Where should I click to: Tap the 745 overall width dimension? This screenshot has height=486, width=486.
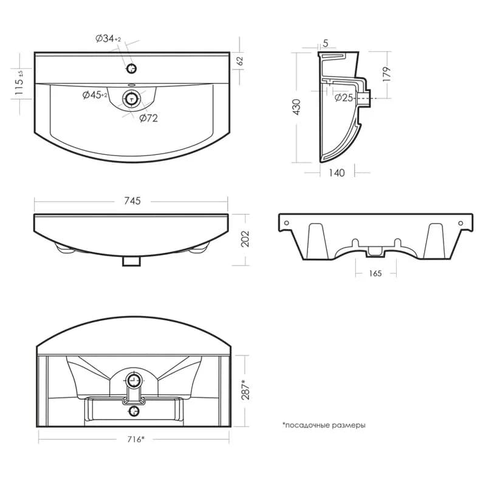coord(132,201)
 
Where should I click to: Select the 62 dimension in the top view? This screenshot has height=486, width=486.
coord(240,61)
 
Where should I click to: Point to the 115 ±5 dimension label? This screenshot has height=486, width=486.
coord(19,82)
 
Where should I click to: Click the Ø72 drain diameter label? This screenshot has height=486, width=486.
coord(148,118)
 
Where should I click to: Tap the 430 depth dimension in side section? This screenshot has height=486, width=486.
coord(296,107)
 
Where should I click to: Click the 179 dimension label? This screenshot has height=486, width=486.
coord(386,74)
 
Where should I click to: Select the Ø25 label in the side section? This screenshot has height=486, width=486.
coord(344,98)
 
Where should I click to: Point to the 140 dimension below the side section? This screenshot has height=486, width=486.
coord(337,173)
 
